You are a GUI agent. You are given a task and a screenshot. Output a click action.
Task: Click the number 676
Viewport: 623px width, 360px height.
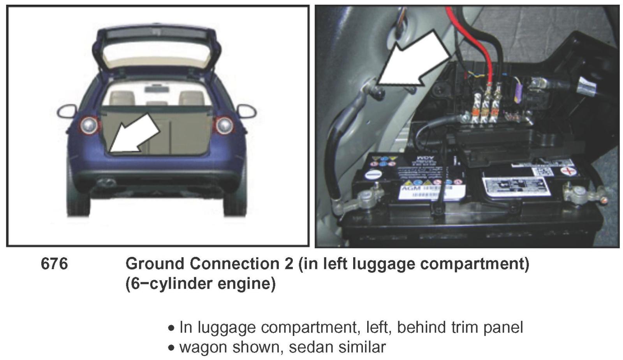[54, 264]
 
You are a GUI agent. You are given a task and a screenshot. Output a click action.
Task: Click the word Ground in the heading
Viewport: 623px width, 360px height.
[155, 264]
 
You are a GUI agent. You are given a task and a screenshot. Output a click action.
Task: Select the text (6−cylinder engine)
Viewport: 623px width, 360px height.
[200, 283]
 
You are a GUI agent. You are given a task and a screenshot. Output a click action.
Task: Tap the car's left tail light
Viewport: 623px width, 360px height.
[89, 125]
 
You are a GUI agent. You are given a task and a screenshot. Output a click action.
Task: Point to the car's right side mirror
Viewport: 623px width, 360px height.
[247, 111]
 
